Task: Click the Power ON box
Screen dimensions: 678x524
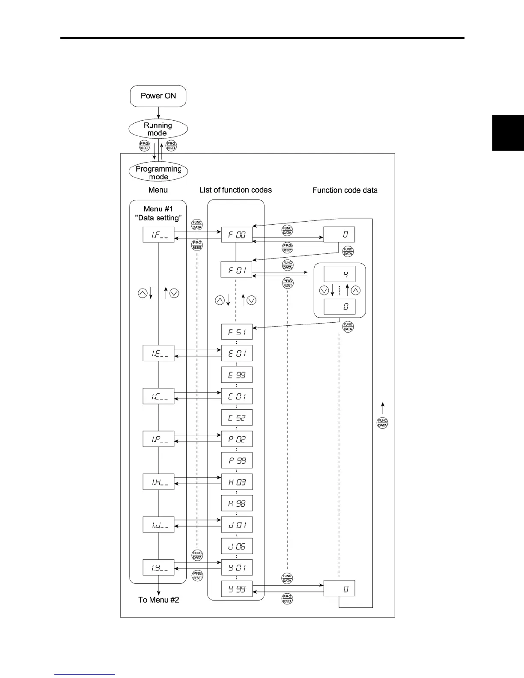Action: [158, 96]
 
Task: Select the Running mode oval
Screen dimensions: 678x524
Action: [158, 129]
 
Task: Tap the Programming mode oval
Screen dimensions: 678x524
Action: [158, 172]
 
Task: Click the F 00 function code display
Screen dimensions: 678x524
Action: [237, 235]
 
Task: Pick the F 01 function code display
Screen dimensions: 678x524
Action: [237, 270]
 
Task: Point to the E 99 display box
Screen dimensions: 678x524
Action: [237, 375]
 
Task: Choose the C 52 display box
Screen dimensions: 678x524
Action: [237, 418]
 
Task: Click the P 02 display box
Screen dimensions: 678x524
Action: [237, 439]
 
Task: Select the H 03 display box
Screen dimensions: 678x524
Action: [237, 482]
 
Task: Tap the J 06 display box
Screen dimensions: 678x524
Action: [237, 546]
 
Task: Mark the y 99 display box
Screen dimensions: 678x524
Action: [237, 589]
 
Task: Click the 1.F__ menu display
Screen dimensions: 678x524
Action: [158, 235]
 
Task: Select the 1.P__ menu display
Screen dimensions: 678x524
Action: [158, 439]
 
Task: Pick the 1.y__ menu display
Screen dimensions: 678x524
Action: [158, 568]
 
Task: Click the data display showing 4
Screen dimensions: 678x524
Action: [339, 274]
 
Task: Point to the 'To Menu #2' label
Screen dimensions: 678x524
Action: [158, 600]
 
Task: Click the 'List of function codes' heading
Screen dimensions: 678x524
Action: [235, 190]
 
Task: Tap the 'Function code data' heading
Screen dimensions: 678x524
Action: [345, 190]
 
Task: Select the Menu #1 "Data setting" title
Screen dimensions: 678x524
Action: [158, 213]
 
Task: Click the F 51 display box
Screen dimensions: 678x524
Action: [237, 332]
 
